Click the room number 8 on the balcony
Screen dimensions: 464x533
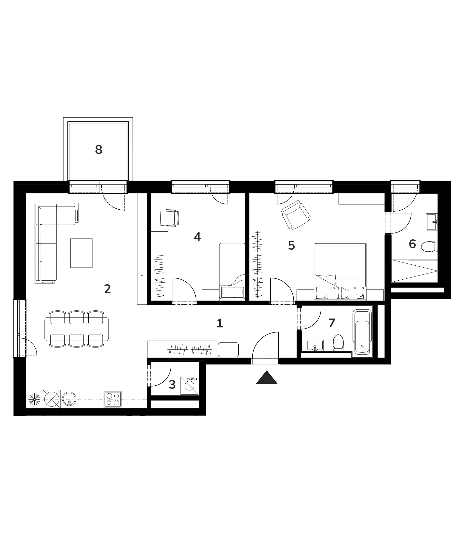[x=99, y=149]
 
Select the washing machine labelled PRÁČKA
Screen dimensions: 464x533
[x=189, y=386]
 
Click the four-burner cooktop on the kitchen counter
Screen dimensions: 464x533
[x=113, y=399]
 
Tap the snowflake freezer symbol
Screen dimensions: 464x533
[x=34, y=399]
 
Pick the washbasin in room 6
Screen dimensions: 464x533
[x=432, y=222]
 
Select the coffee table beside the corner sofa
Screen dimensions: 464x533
[x=81, y=253]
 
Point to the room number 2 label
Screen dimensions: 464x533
[x=108, y=289]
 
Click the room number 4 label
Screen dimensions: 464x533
[x=197, y=237]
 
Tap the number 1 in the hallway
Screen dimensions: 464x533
[x=219, y=323]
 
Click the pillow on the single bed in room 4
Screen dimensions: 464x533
[x=232, y=292]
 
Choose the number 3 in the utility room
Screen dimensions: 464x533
[x=172, y=385]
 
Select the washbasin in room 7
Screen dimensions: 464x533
[x=315, y=346]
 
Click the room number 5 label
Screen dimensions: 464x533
[x=292, y=245]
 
